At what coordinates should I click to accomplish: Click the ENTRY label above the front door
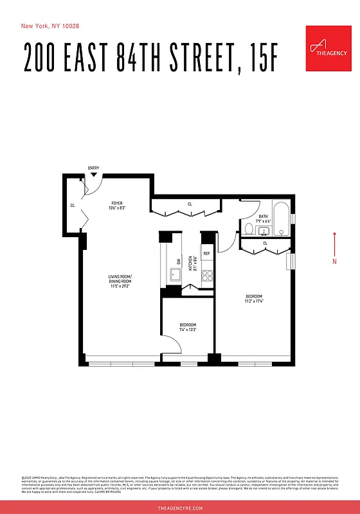(x=94, y=168)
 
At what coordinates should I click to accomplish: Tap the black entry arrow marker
(x=94, y=174)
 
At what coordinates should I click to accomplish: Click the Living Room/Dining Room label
(x=120, y=281)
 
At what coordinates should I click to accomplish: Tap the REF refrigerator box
(x=207, y=254)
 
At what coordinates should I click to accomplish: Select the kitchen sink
(x=175, y=276)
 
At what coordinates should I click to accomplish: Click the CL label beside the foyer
(x=73, y=206)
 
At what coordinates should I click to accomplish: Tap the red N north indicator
(x=334, y=261)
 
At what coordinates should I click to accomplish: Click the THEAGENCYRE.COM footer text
(x=180, y=508)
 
